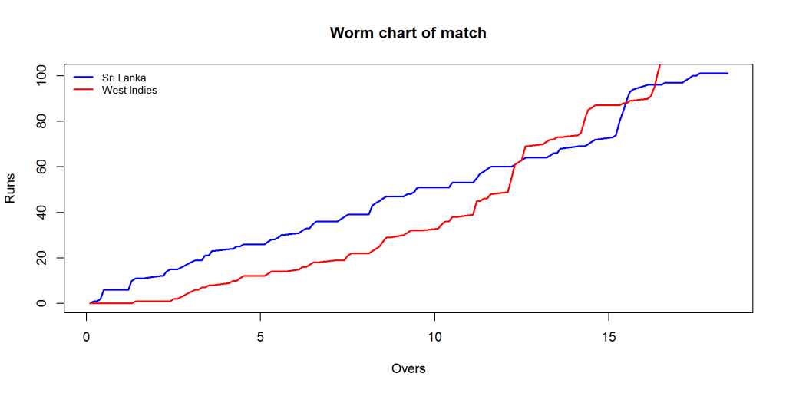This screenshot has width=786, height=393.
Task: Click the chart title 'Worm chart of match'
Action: click(x=408, y=33)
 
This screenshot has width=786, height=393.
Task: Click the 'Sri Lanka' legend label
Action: click(x=124, y=78)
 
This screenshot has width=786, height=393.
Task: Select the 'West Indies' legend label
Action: click(x=129, y=90)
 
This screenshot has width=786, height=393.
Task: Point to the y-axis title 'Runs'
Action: click(x=11, y=188)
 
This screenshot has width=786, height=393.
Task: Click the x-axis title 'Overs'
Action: click(x=408, y=368)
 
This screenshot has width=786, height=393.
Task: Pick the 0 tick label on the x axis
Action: click(x=87, y=336)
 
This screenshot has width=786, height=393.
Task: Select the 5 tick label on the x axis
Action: click(x=261, y=336)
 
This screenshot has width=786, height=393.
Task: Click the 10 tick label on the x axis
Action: click(x=434, y=336)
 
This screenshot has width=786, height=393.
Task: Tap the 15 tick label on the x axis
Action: click(x=609, y=336)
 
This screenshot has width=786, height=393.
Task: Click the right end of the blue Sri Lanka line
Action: click(x=727, y=73)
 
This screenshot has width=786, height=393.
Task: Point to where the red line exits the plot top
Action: click(x=660, y=64)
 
